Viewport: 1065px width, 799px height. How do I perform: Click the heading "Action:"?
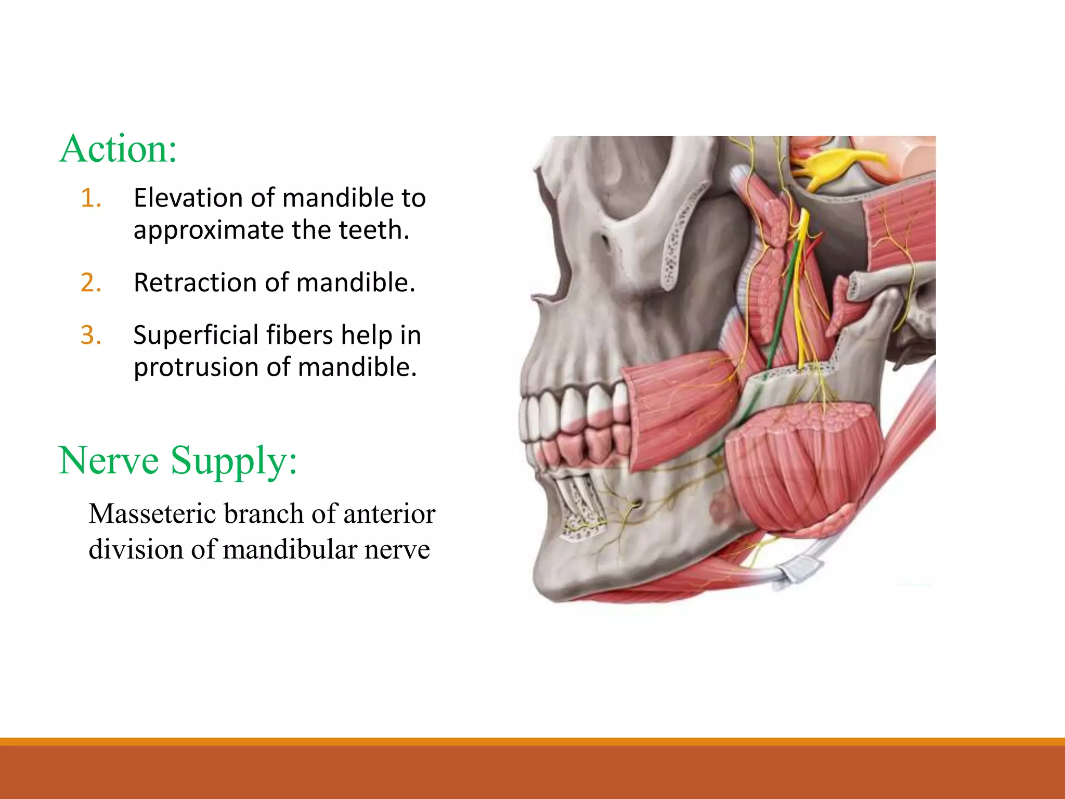click(x=118, y=149)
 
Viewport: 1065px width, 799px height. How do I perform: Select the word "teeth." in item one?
click(x=374, y=230)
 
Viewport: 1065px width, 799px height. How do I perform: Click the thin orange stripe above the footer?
click(x=532, y=741)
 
